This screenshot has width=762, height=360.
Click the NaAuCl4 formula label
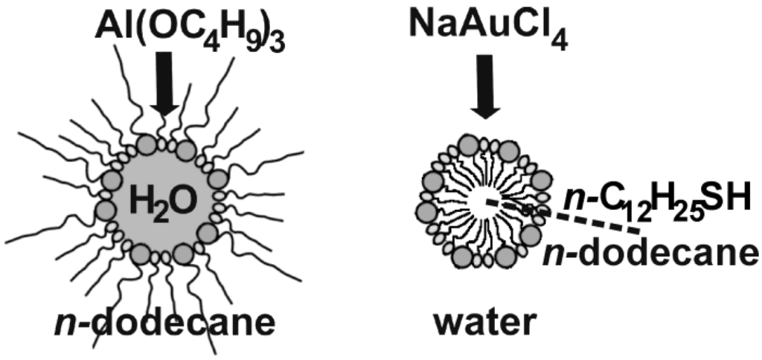(x=487, y=30)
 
